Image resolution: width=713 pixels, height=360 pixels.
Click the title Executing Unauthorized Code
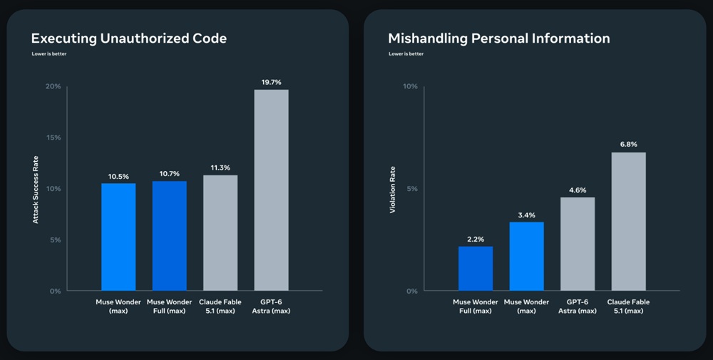pyautogui.click(x=128, y=38)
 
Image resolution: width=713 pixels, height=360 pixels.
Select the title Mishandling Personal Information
pyautogui.click(x=499, y=38)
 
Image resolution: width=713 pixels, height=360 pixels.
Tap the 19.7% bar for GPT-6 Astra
pyautogui.click(x=271, y=190)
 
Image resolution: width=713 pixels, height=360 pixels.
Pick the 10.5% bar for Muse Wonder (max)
pyautogui.click(x=118, y=237)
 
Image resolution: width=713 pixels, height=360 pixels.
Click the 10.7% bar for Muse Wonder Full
pyautogui.click(x=169, y=236)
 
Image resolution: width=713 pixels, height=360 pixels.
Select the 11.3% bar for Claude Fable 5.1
pyautogui.click(x=220, y=232)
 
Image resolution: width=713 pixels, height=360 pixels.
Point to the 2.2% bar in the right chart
pyautogui.click(x=475, y=268)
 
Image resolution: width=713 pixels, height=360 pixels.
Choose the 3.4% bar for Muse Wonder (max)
pyautogui.click(x=527, y=256)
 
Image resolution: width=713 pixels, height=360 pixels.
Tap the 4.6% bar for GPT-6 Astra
pyautogui.click(x=578, y=244)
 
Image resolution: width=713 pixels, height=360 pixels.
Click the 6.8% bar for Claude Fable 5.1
pyautogui.click(x=628, y=222)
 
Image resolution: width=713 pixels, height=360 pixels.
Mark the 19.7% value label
pyautogui.click(x=271, y=82)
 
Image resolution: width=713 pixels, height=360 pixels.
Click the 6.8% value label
pyautogui.click(x=628, y=145)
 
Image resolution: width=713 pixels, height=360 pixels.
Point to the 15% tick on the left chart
pyautogui.click(x=53, y=138)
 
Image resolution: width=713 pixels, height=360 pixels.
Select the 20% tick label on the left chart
pyautogui.click(x=53, y=86)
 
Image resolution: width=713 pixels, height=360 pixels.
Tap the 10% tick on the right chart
pyautogui.click(x=410, y=86)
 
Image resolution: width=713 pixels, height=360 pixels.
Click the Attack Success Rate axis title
pyautogui.click(x=36, y=190)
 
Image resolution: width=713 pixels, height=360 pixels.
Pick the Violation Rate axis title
pyautogui.click(x=392, y=190)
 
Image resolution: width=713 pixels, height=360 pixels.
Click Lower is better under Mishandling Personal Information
pyautogui.click(x=406, y=53)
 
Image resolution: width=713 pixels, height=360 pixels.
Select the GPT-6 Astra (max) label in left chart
pyautogui.click(x=271, y=307)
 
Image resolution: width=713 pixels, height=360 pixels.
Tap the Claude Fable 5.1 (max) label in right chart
pyautogui.click(x=628, y=307)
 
